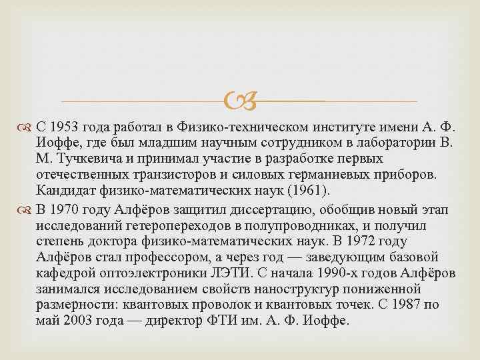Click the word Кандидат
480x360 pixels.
65,191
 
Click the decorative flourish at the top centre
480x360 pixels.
240,101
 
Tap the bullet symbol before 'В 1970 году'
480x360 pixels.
28,207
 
